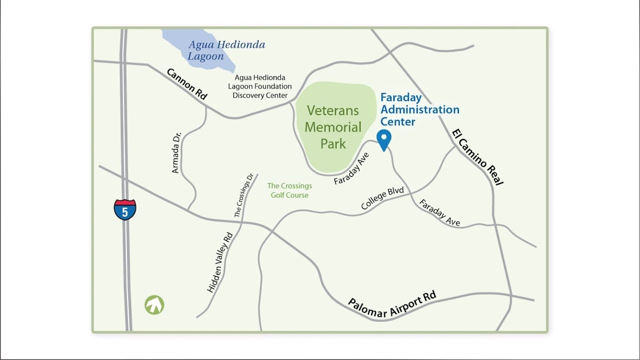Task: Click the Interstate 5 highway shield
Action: pyautogui.click(x=125, y=210)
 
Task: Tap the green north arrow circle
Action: pyautogui.click(x=154, y=305)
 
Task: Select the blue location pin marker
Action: pyautogui.click(x=383, y=139)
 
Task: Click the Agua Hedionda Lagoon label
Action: pyautogui.click(x=226, y=50)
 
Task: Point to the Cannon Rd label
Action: pyautogui.click(x=186, y=84)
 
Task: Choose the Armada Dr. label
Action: pyautogui.click(x=176, y=152)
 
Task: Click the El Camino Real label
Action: pyautogui.click(x=477, y=157)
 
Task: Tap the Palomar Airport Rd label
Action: pyautogui.click(x=392, y=304)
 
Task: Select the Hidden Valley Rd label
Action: pyautogui.click(x=220, y=262)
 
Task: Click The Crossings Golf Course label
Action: pyautogui.click(x=289, y=190)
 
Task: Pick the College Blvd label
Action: pyautogui.click(x=382, y=198)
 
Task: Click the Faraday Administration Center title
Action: pyautogui.click(x=419, y=109)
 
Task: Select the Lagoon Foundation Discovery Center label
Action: pyautogui.click(x=260, y=86)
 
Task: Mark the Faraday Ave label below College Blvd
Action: pyautogui.click(x=439, y=212)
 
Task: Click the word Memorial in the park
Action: pyautogui.click(x=333, y=127)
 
